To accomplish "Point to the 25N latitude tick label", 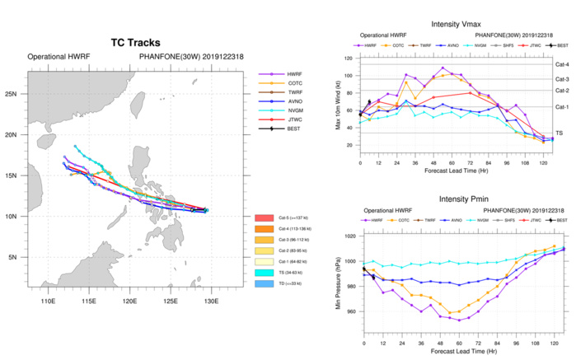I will pos(15,94).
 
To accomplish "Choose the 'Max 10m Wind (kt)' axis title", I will pos(339,102).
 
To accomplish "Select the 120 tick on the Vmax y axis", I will pos(351,58).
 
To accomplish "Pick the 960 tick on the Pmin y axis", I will pos(351,311).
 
